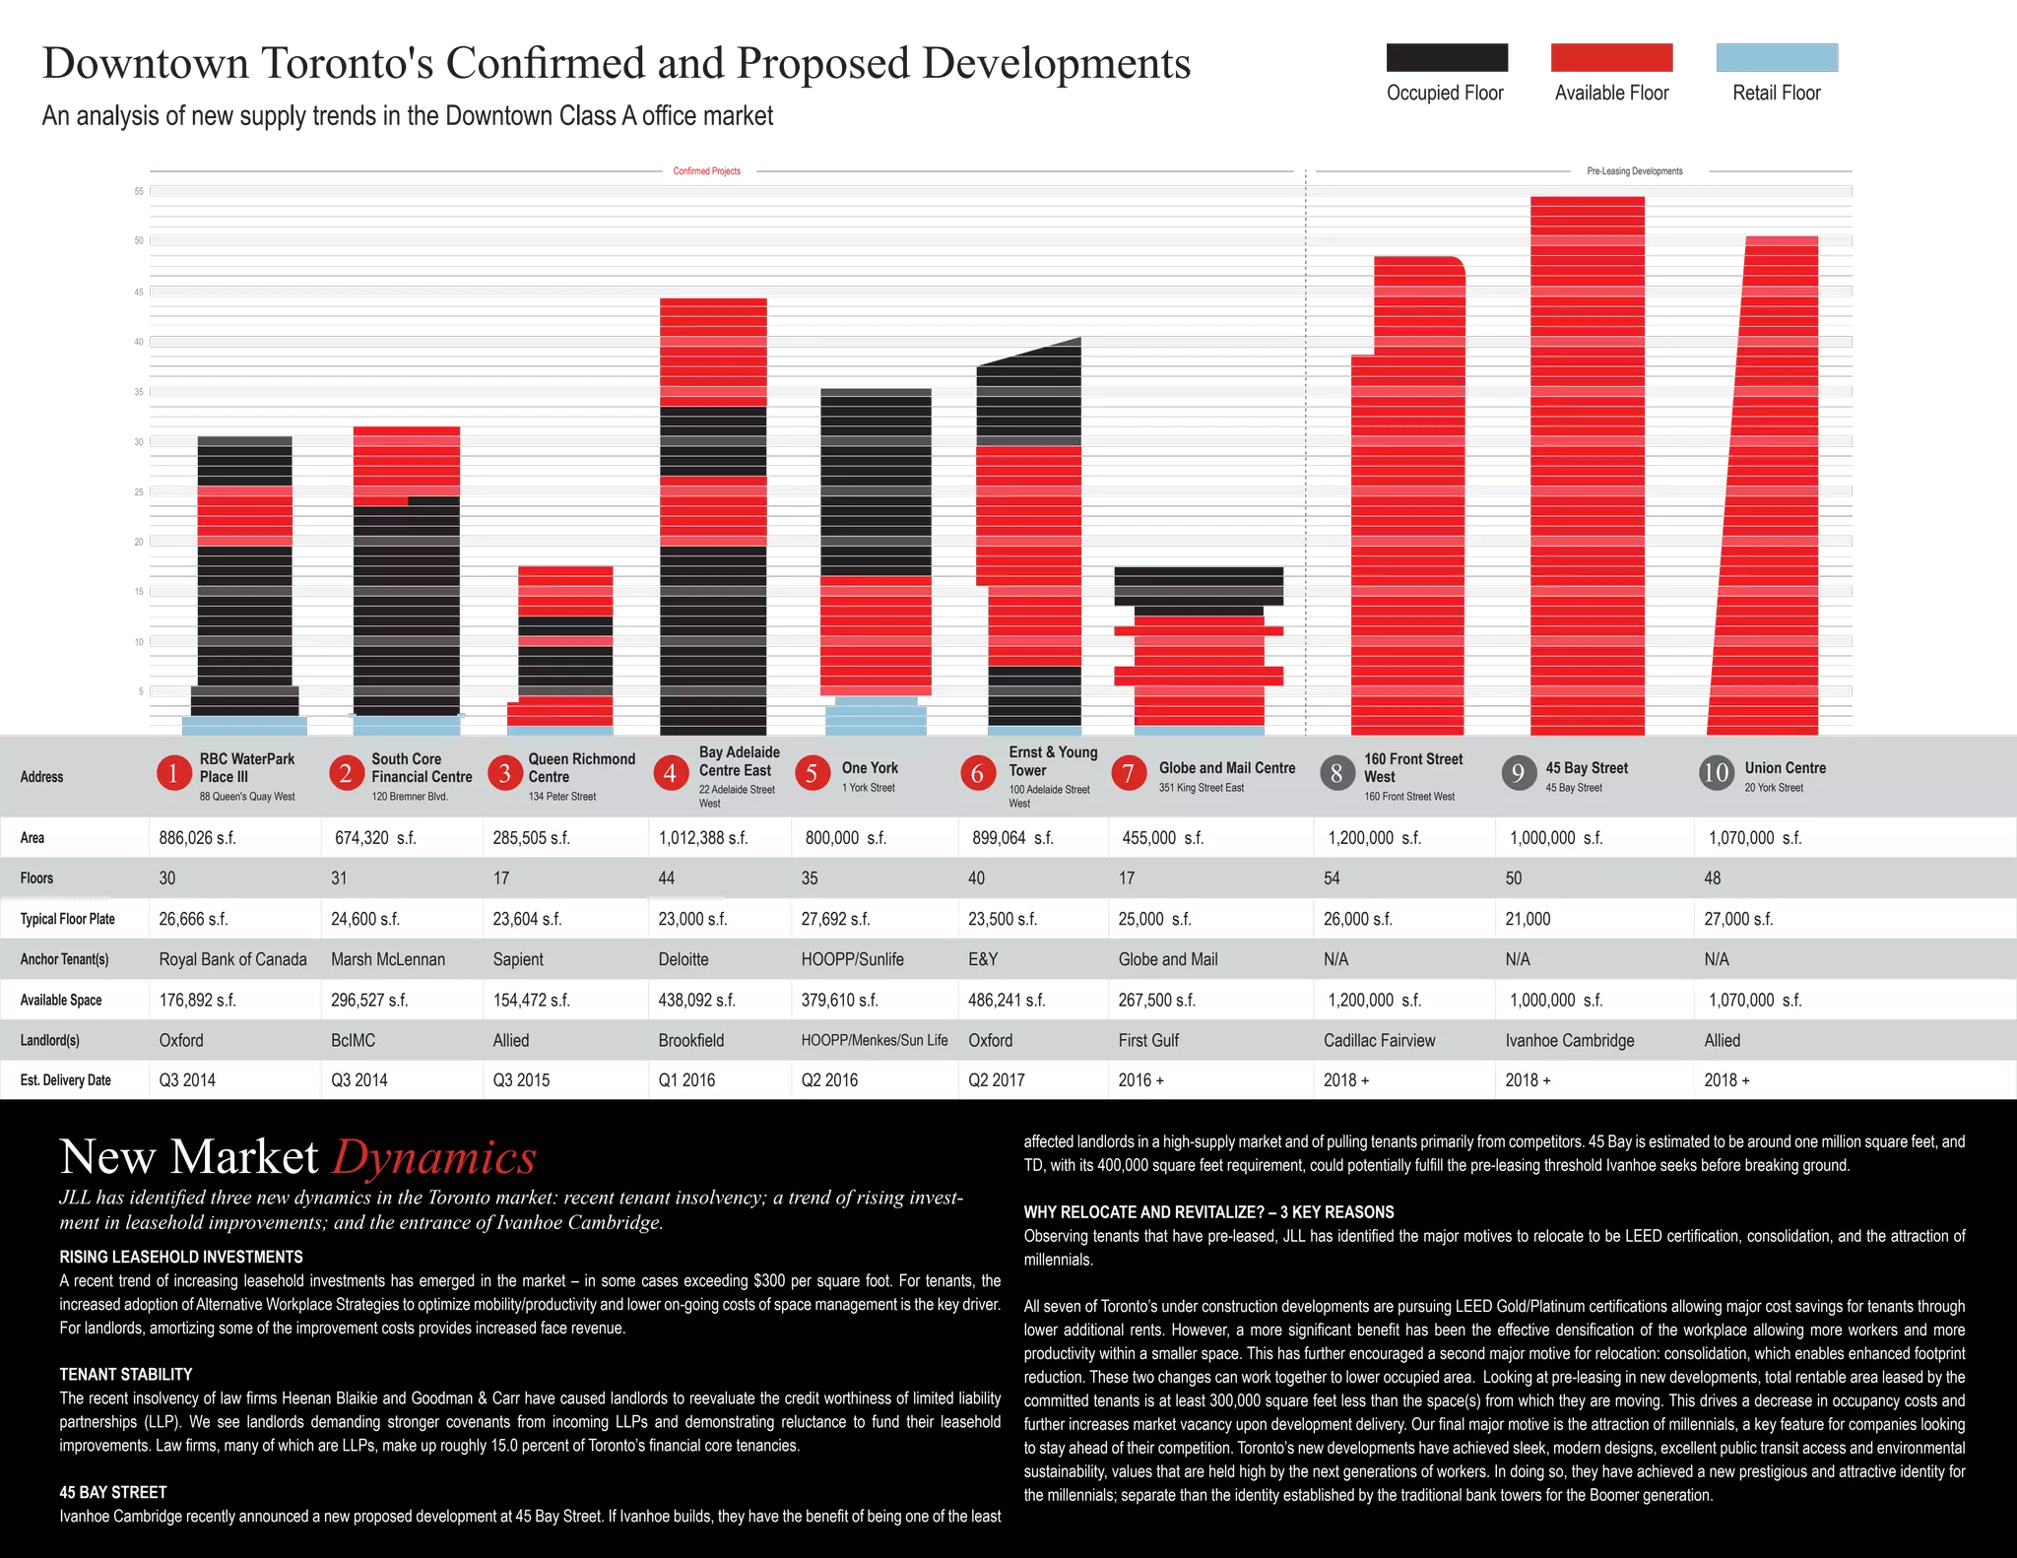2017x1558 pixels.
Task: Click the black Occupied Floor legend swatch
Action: point(1447,57)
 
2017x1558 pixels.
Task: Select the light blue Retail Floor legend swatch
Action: point(1777,57)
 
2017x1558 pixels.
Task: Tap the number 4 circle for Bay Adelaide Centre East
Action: point(670,773)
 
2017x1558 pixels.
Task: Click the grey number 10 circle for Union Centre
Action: point(1717,773)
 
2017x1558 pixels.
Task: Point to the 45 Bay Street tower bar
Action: point(1588,466)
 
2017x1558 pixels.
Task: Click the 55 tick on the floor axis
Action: point(139,191)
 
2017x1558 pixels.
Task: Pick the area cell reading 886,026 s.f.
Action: point(197,838)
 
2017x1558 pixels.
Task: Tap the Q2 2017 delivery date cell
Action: point(997,1080)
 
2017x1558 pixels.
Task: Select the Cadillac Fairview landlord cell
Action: point(1380,1040)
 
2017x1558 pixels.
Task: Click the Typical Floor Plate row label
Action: point(68,919)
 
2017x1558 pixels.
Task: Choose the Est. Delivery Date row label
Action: point(66,1080)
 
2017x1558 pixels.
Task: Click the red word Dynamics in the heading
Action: point(434,1156)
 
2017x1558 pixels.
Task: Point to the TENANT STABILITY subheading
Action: point(126,1375)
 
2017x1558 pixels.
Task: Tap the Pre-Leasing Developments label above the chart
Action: point(1635,171)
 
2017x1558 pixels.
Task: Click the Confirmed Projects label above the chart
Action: point(707,171)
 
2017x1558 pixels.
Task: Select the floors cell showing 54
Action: point(1332,878)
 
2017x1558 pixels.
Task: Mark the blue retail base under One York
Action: point(876,716)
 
